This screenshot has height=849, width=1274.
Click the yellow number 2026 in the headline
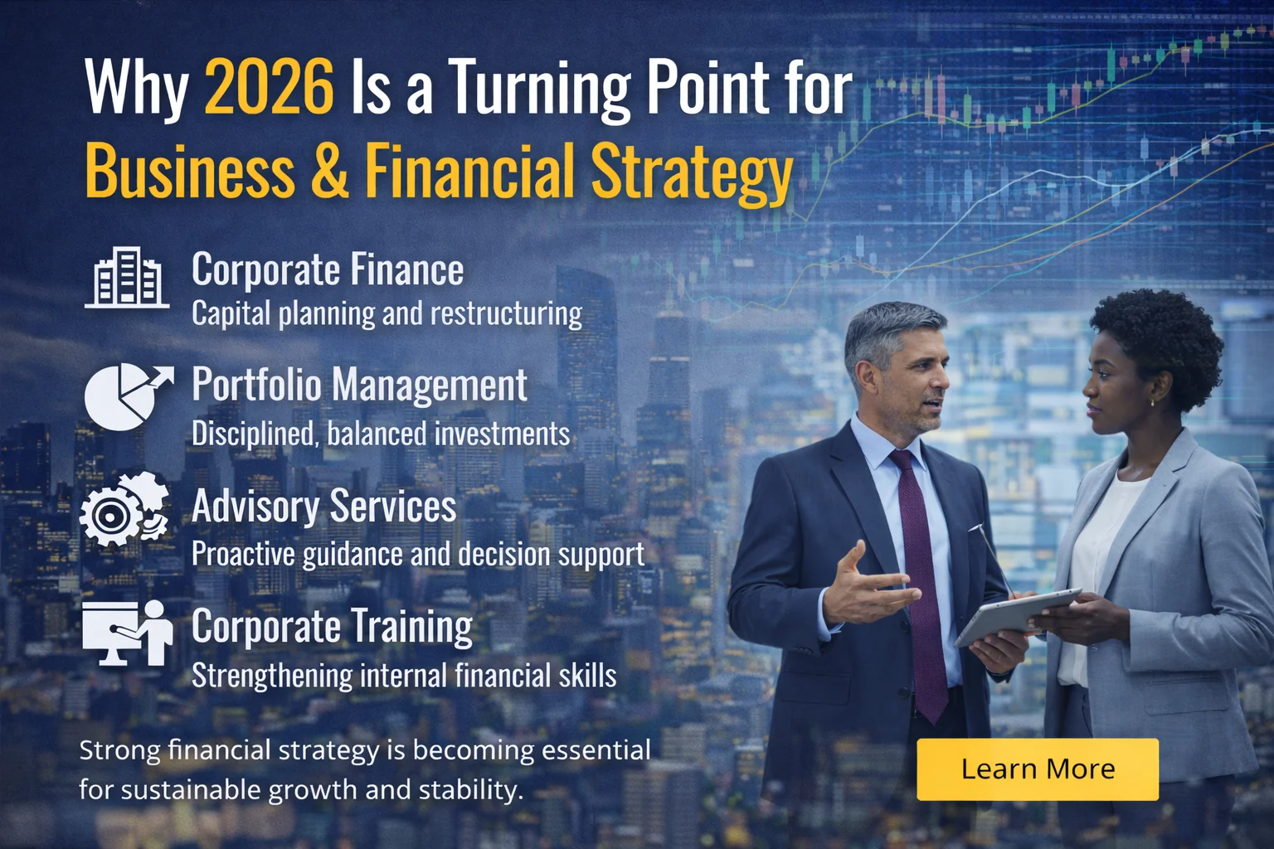[269, 86]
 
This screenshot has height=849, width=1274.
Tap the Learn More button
[1037, 769]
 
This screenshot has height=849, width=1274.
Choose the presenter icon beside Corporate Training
[128, 633]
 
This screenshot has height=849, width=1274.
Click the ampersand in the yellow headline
[330, 170]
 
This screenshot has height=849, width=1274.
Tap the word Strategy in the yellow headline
[691, 172]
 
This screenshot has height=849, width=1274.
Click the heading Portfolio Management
[359, 386]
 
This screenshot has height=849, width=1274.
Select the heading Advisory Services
[323, 506]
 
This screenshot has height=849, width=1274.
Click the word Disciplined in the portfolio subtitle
[254, 434]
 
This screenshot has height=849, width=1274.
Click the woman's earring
[1152, 403]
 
